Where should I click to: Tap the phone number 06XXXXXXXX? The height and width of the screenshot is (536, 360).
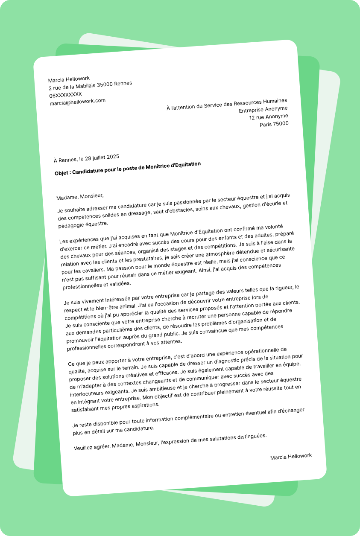[65, 94]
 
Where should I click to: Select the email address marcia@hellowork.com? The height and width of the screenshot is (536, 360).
[77, 102]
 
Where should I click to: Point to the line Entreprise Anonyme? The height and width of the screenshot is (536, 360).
[263, 109]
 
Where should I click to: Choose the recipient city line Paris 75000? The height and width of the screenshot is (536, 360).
[274, 124]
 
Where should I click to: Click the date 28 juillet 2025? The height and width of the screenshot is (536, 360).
[102, 157]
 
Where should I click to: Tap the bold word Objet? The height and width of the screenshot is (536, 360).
[62, 173]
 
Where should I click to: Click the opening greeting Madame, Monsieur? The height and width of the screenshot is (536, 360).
[80, 196]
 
